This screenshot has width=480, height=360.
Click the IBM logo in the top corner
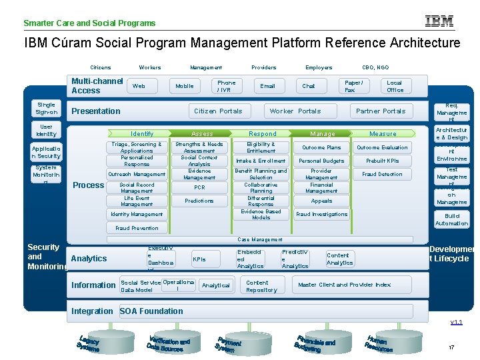pos(440,21)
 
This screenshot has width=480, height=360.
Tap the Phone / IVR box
pos(227,86)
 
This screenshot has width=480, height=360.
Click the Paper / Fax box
pos(353,86)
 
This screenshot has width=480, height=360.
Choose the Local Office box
pos(395,86)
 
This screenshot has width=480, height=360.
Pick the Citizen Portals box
pos(218,111)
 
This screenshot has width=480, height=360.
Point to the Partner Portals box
pos(381,111)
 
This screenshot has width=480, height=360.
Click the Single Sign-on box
pos(46,108)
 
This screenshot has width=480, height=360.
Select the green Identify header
pos(142,134)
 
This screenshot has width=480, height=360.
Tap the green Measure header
pos(383,134)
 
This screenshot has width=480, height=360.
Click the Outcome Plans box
pos(321,147)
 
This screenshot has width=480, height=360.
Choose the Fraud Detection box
pos(382,174)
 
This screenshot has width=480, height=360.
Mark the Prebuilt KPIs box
pos(383,161)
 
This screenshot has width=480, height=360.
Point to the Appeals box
pos(321,201)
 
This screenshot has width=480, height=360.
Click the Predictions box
pos(199,201)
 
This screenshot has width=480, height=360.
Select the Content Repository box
pos(261,286)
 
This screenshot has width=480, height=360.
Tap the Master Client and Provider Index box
pos(345,285)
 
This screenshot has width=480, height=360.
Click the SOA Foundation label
pos(151,311)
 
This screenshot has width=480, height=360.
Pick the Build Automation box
pos(452,220)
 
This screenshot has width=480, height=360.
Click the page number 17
pos(451,347)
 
